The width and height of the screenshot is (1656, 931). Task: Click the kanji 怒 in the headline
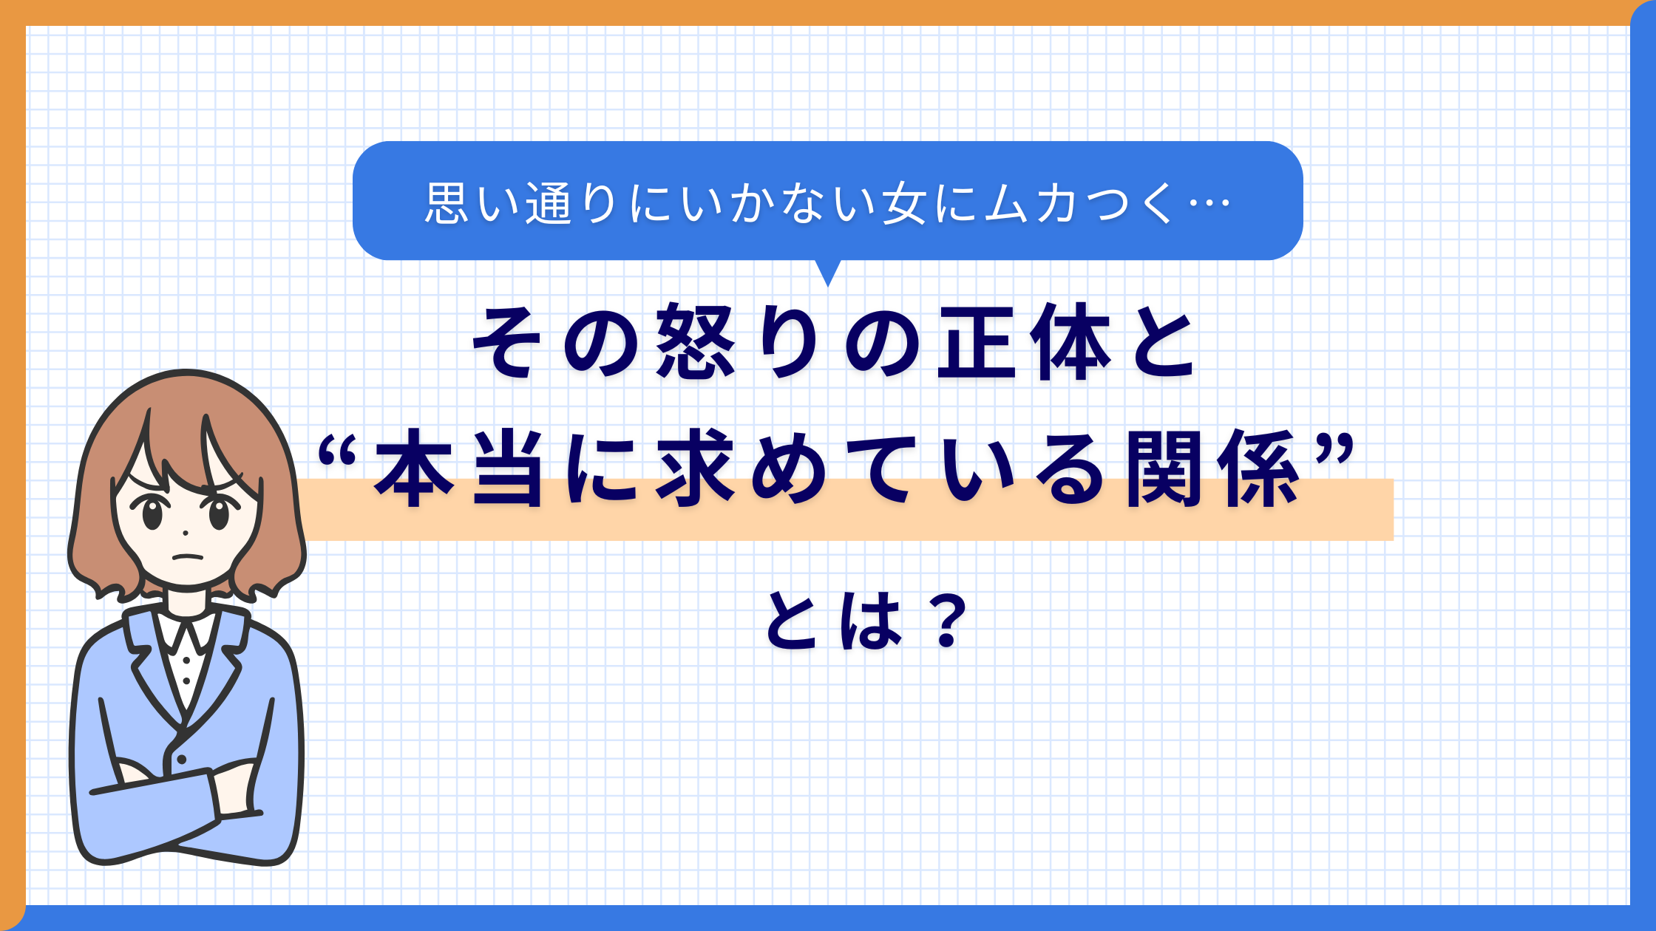click(x=696, y=341)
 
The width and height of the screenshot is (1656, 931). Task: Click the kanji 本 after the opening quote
click(x=414, y=468)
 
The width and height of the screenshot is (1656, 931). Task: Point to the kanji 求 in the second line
click(x=696, y=468)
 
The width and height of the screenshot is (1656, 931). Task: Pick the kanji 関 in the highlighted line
click(x=1167, y=468)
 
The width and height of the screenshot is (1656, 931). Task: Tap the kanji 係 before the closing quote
click(x=1260, y=468)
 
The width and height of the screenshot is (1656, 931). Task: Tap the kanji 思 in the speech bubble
click(x=447, y=202)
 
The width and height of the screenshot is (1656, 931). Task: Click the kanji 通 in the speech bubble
click(x=548, y=203)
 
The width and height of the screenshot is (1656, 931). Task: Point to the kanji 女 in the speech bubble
click(x=905, y=203)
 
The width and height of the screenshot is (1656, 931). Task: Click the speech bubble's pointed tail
click(x=828, y=273)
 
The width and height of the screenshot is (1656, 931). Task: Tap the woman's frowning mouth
click(x=187, y=556)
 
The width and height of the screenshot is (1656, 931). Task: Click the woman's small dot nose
click(x=185, y=532)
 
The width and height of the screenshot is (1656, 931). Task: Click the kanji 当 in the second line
click(x=509, y=468)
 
